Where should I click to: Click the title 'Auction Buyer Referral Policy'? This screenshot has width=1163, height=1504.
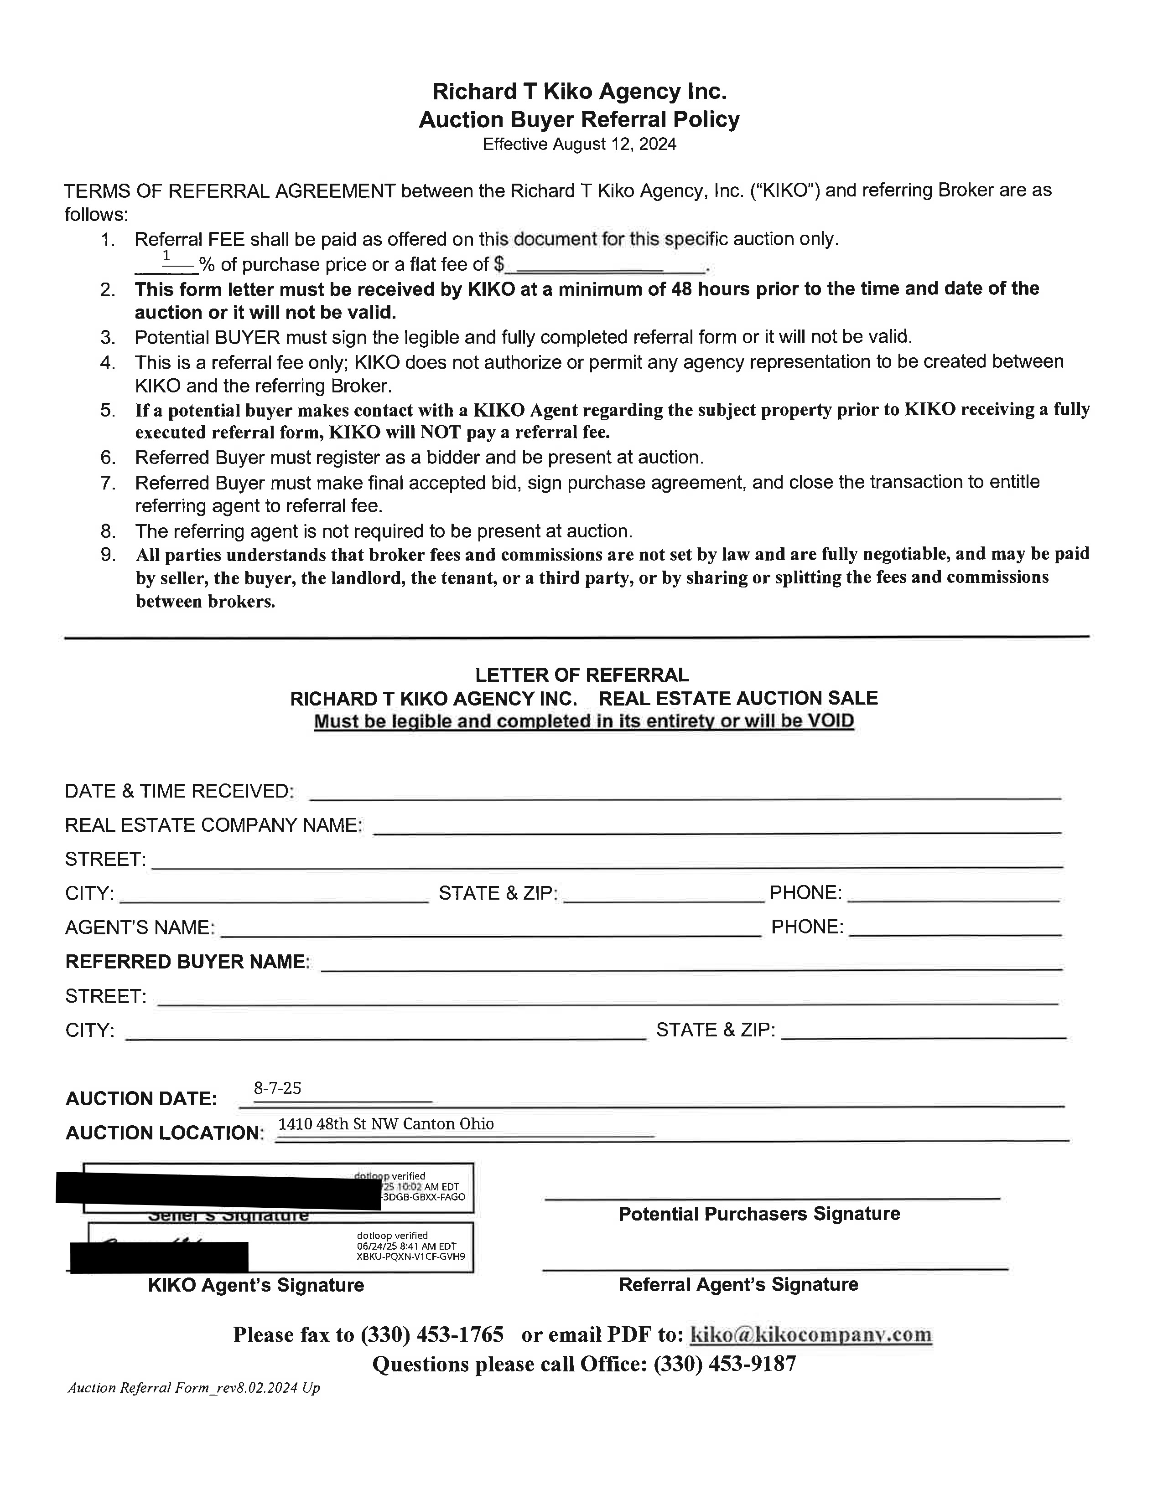pos(579,120)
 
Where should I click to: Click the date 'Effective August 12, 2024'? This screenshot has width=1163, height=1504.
pos(579,144)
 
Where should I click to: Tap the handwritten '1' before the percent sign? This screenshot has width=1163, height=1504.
pos(166,256)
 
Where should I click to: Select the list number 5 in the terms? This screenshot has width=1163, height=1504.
pos(108,411)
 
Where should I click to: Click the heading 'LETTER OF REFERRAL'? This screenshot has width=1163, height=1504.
pos(581,675)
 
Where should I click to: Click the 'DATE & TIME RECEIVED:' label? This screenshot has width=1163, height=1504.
pos(179,791)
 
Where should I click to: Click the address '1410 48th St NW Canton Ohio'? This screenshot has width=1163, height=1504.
pos(386,1124)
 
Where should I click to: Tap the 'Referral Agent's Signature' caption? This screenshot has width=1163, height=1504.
pos(738,1284)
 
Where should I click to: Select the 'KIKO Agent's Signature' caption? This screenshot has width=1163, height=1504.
pos(255,1285)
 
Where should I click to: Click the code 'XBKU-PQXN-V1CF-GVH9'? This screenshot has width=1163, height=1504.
pos(410,1256)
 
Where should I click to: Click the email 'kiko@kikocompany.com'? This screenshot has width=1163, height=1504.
pos(810,1334)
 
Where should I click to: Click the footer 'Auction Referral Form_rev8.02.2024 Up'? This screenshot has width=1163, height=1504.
pos(193,1388)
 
